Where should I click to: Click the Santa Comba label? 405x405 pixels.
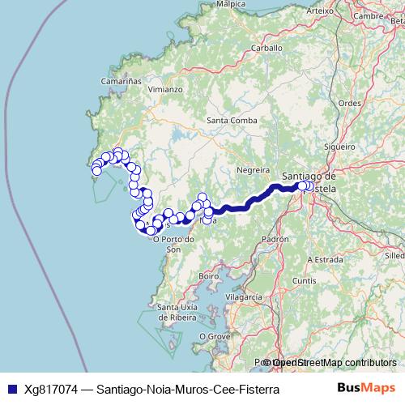(232, 122)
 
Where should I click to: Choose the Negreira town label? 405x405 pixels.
(252, 170)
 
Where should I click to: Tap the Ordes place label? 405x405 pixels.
(349, 103)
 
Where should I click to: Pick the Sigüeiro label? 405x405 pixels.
(339, 147)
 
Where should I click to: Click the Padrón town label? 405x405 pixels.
(275, 240)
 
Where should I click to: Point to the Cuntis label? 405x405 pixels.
(305, 280)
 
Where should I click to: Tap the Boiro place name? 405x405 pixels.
(210, 276)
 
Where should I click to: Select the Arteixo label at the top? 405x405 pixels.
(321, 11)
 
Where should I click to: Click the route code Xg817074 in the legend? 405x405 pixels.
(51, 389)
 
